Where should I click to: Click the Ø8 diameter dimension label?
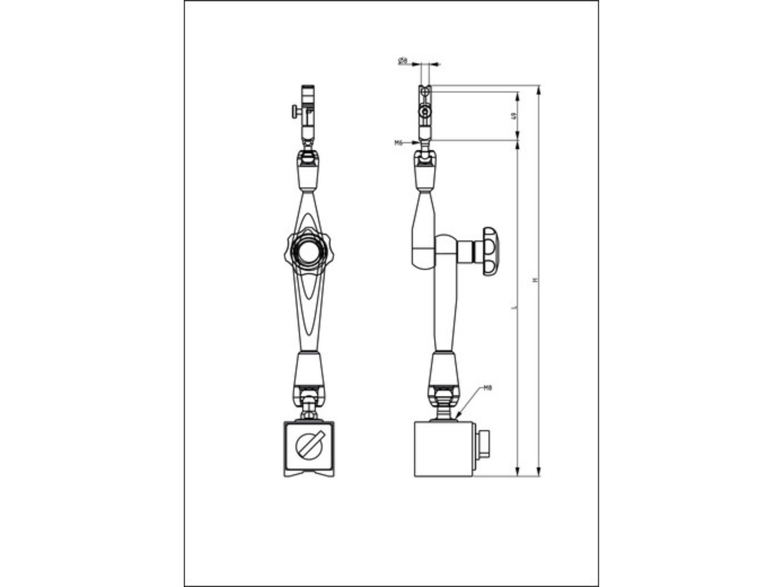403,61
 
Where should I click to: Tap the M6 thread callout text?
399,143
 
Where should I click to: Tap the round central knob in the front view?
308,253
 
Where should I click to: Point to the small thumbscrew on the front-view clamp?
295,112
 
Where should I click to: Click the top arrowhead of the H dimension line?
539,90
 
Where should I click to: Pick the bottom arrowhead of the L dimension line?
518,472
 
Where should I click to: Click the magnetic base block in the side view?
444,449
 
